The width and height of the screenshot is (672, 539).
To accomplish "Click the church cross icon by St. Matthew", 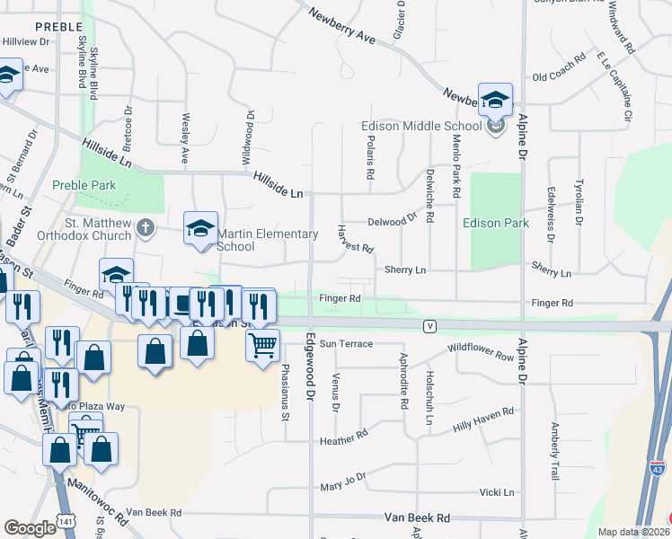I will click(146, 228).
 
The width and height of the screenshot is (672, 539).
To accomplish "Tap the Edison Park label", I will click(495, 223).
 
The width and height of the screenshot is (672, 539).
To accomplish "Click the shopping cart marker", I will click(262, 343).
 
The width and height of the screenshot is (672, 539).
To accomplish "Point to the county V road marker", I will click(432, 325).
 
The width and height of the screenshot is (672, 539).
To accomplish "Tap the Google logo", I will click(30, 528).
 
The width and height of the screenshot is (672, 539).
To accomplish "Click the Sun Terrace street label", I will click(346, 344).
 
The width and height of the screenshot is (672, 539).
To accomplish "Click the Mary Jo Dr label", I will click(343, 482).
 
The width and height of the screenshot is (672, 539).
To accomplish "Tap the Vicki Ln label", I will click(497, 492).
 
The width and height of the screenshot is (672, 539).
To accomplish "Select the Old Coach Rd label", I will click(558, 76).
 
